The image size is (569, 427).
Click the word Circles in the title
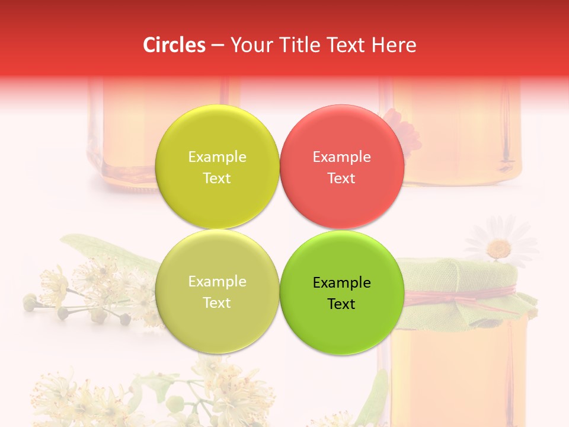click(174, 45)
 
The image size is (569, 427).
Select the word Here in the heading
click(394, 45)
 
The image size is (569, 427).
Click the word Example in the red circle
click(341, 157)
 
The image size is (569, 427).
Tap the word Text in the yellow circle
click(217, 179)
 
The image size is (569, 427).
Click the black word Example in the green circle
click(341, 282)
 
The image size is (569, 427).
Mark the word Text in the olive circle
click(217, 303)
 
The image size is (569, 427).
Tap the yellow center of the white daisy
click(500, 247)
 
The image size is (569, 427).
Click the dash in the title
click(218, 46)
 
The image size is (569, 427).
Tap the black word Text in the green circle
click(341, 304)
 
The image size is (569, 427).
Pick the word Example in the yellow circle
click(217, 157)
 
